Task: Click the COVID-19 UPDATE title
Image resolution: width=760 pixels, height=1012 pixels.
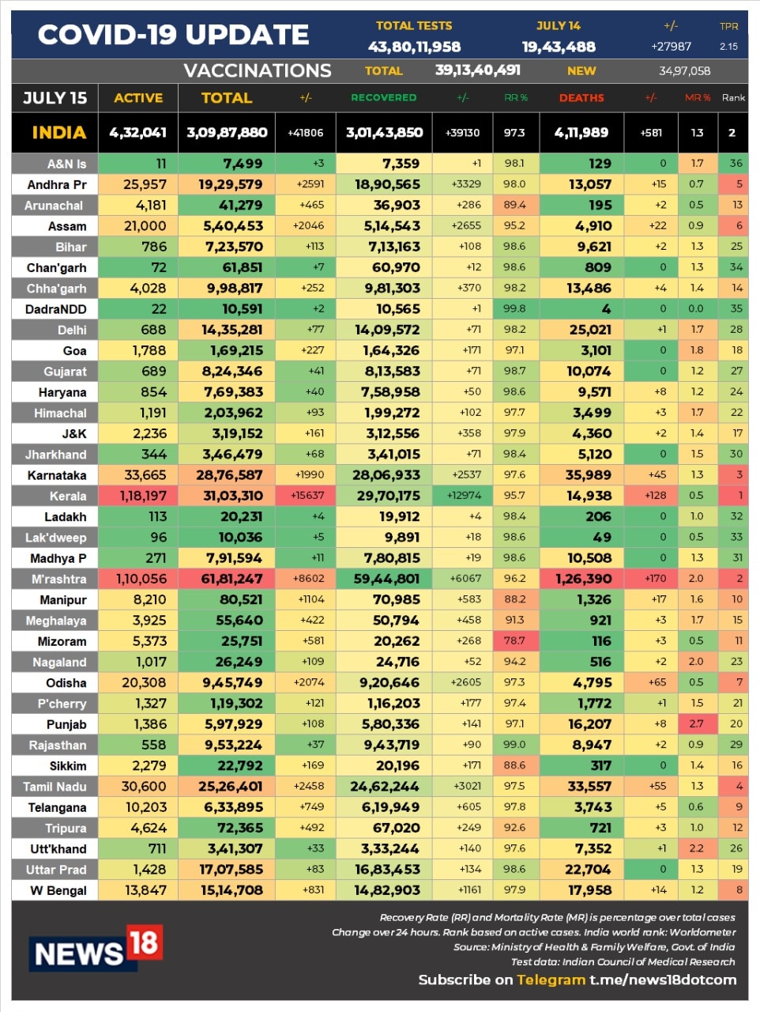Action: [x=174, y=35]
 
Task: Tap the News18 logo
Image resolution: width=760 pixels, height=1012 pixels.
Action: [x=96, y=949]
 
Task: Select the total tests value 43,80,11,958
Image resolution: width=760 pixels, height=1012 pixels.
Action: [x=414, y=47]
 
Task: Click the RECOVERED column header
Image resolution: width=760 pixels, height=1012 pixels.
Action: [x=383, y=98]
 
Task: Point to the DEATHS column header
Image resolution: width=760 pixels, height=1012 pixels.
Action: [x=581, y=98]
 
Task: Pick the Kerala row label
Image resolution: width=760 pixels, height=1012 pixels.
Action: [x=68, y=497]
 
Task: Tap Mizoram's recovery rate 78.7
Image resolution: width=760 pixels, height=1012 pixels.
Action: [x=514, y=640]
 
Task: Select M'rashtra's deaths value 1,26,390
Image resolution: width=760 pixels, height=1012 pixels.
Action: [x=584, y=579]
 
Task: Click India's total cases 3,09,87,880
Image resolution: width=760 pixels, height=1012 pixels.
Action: [x=227, y=133]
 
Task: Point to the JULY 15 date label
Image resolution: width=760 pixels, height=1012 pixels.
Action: [x=55, y=98]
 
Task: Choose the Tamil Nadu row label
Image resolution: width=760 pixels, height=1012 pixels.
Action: [x=55, y=787]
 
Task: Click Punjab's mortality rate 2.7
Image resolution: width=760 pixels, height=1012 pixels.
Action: [x=696, y=723]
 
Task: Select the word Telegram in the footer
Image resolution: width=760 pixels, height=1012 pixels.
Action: [x=551, y=980]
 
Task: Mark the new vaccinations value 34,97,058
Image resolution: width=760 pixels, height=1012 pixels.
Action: [x=684, y=71]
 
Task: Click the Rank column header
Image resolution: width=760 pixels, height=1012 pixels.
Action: [x=733, y=98]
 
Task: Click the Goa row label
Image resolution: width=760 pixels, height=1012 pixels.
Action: [x=74, y=351]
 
